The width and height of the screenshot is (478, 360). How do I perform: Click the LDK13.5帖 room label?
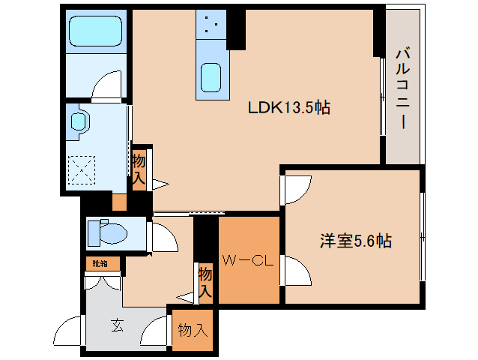(x=289, y=108)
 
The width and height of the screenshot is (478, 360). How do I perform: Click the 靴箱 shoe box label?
(x=100, y=263)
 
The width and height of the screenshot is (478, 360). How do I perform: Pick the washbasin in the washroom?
(x=77, y=121)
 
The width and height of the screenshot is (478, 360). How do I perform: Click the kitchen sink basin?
(x=210, y=77)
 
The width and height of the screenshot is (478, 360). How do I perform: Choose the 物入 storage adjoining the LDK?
(x=139, y=169)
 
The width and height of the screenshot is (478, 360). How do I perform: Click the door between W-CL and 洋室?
(x=297, y=270)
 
